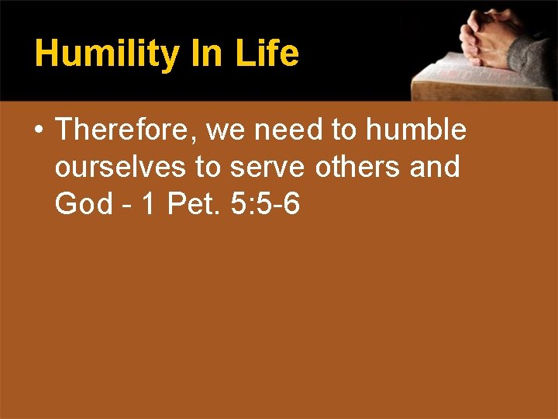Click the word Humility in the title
(107, 54)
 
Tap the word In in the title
(211, 53)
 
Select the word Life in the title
(268, 53)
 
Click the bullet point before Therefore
(38, 130)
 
